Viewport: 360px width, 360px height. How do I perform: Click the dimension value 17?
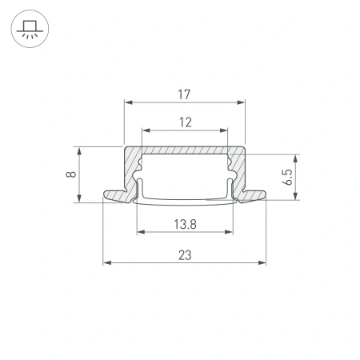point(183,95)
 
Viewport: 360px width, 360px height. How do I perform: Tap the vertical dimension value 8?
point(71,174)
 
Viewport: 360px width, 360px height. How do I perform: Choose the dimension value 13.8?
point(183,225)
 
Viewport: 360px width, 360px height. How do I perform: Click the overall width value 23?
point(183,255)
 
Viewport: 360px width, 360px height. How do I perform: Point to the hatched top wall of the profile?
point(183,151)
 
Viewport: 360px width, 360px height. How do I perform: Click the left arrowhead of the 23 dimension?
point(106,262)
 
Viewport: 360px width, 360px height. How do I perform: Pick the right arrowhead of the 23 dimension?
point(262,262)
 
